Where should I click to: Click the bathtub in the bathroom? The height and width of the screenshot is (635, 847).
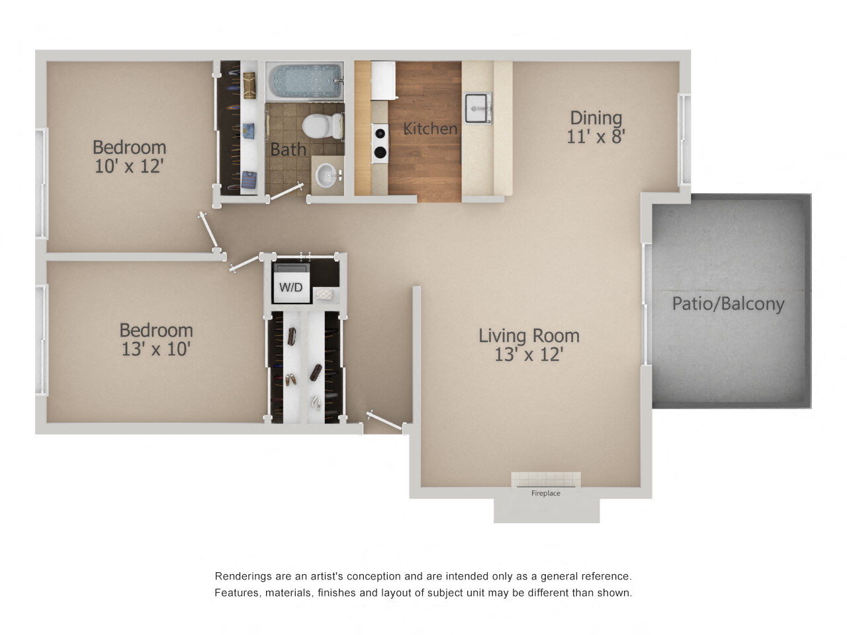point(304,81)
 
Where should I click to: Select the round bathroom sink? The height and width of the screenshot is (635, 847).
point(326,175)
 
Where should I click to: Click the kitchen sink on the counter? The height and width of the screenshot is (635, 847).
point(477,108)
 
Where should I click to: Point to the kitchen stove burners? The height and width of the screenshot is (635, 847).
point(380,143)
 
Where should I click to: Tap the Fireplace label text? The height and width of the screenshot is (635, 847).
point(545,493)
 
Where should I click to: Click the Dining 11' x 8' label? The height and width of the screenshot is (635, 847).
point(596,127)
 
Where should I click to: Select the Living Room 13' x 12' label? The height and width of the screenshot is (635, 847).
point(529,345)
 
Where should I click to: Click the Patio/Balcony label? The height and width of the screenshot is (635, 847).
point(728,304)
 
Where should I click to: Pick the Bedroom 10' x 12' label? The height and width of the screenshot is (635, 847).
point(129,156)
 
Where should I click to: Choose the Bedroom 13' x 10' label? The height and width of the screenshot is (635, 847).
point(156,339)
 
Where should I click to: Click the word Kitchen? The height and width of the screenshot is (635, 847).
point(430,128)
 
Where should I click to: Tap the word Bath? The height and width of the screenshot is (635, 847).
point(288,149)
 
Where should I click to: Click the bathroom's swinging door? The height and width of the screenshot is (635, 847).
point(287,192)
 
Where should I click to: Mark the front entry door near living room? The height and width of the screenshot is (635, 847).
point(384,421)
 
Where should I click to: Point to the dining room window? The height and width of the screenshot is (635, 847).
point(684,139)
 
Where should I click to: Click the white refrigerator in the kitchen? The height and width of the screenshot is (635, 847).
point(382,80)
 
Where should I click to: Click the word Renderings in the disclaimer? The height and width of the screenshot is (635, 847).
point(242,576)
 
